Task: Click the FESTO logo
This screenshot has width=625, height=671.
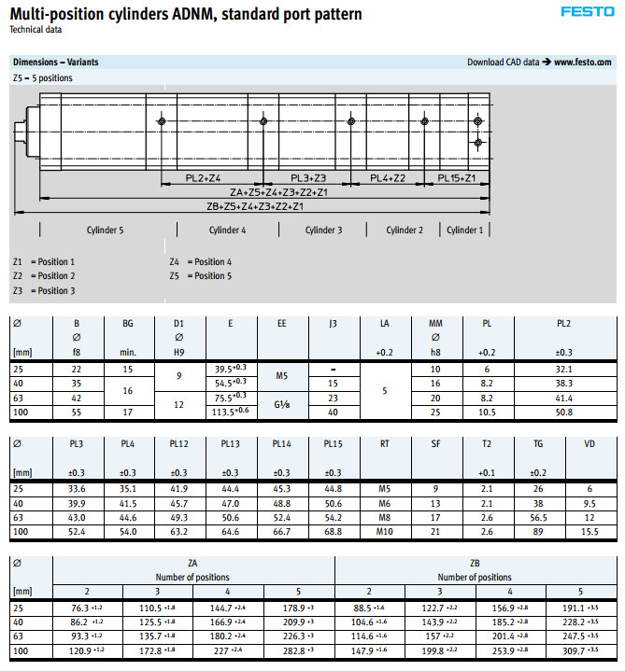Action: coord(587,12)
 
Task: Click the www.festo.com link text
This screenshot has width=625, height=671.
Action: coord(583,63)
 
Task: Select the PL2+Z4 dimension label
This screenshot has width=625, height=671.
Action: coord(203,178)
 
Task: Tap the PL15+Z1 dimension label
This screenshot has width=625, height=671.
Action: coord(457,178)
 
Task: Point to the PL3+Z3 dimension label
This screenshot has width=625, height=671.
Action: coord(307,178)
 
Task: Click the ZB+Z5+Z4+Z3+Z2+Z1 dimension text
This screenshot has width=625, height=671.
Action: coord(254,206)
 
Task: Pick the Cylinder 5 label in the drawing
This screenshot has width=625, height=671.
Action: coord(106,230)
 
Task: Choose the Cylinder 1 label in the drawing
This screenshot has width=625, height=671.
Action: coord(464,230)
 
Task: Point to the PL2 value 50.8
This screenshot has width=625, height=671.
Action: coord(563,412)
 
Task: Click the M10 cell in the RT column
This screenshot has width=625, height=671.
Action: coord(385,531)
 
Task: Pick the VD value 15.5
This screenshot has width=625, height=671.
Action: coord(589,531)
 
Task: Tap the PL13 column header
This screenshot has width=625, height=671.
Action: coord(231,445)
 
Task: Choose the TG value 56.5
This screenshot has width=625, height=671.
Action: coord(537,517)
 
